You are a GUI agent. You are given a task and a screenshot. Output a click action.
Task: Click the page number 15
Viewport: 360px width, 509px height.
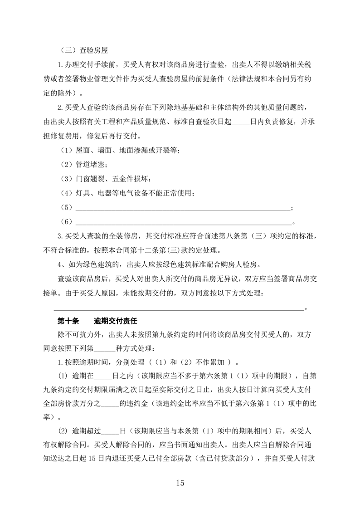click(180, 483)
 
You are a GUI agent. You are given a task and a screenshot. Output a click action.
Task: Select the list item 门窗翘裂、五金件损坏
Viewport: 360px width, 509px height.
click(109, 179)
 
